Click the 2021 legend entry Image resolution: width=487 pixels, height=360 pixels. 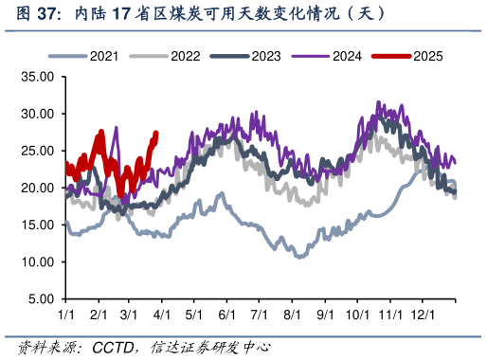103,57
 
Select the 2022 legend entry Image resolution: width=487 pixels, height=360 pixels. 185,57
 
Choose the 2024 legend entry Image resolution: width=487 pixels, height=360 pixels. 346,57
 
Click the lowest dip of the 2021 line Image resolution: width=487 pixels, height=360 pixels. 300,257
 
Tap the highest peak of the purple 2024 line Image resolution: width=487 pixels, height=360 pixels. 379,102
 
